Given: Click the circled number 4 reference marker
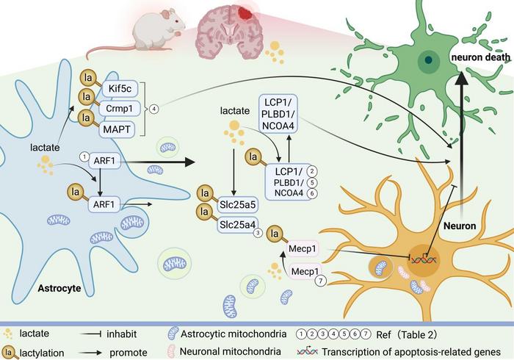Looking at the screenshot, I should [154, 109].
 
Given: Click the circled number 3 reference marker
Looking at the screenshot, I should [258, 233].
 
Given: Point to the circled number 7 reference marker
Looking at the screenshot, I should [321, 281].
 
